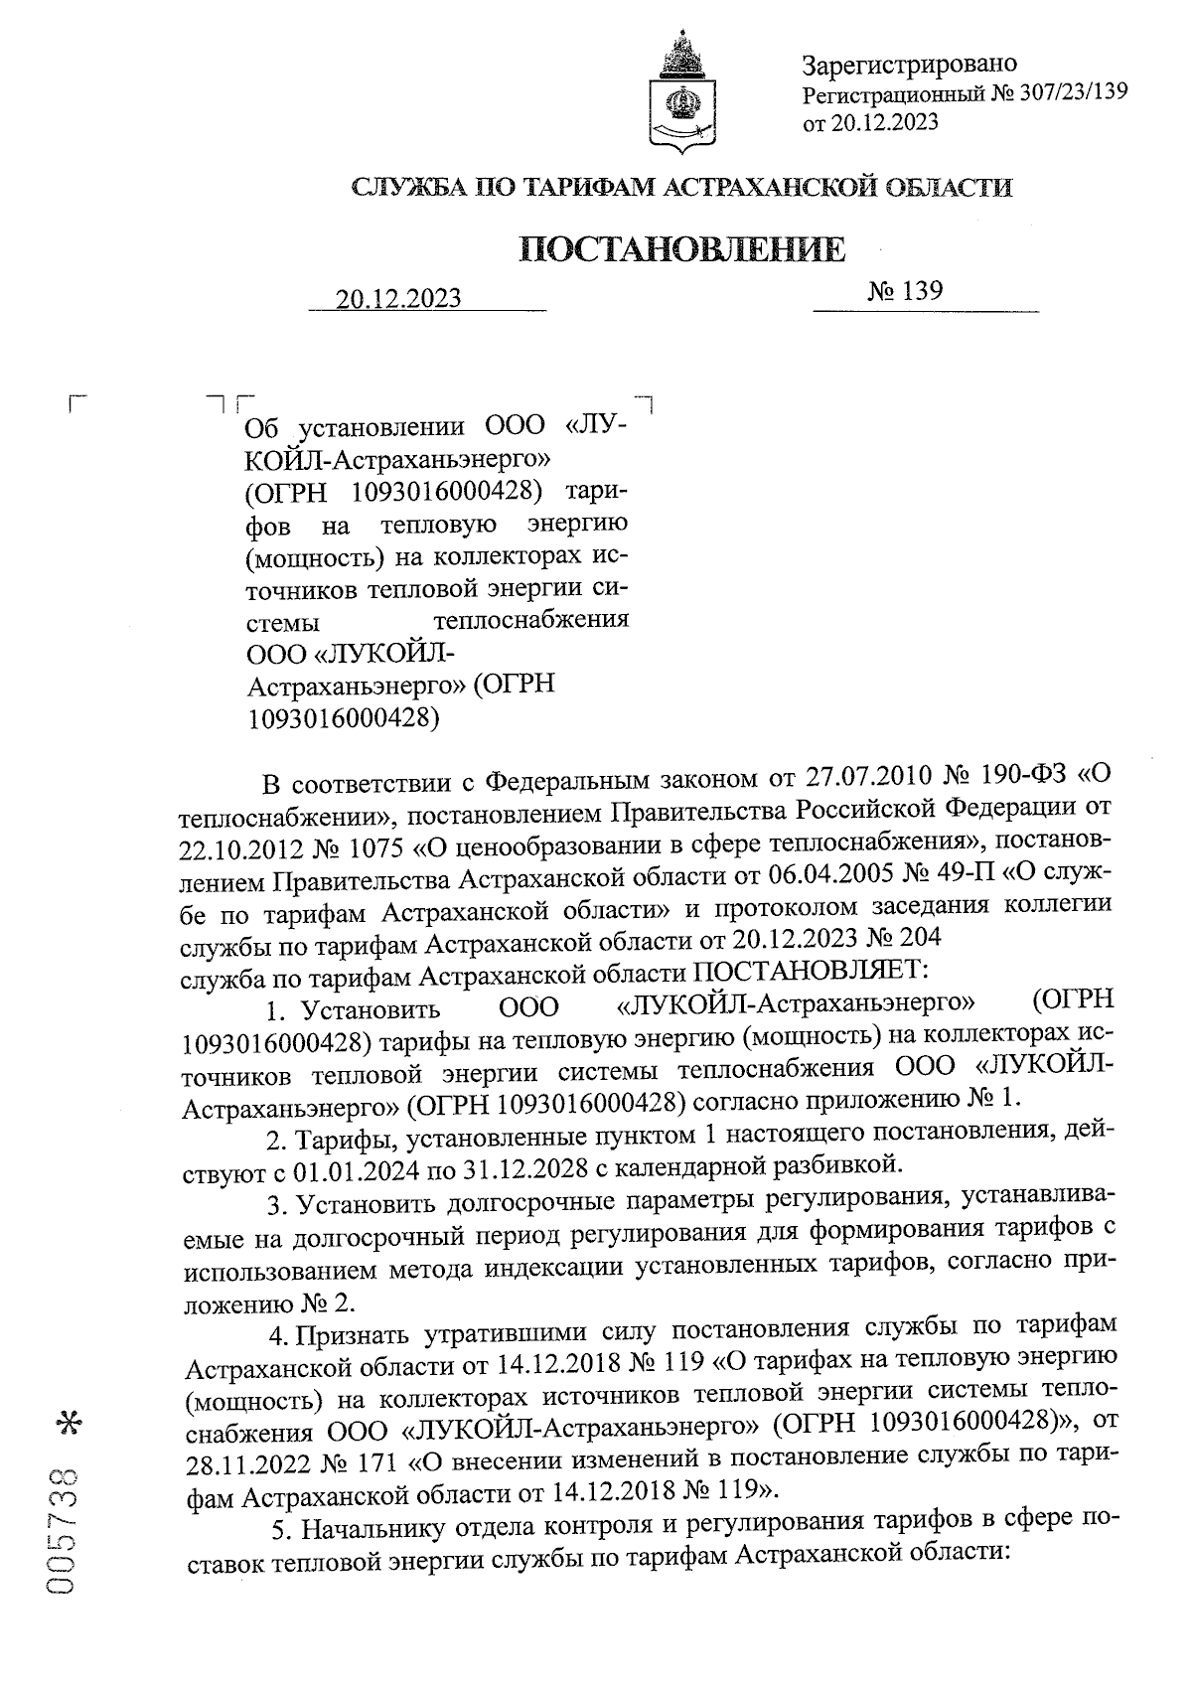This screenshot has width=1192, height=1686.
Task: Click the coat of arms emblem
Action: coord(681,93)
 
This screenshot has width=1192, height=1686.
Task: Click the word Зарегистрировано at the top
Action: coord(909,65)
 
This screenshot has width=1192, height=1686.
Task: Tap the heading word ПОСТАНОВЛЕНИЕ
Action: coord(683,249)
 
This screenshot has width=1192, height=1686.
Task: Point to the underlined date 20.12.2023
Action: coord(398,298)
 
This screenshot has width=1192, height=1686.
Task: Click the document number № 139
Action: coord(904,291)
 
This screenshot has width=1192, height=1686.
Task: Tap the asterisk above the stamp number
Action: coord(69,1423)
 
